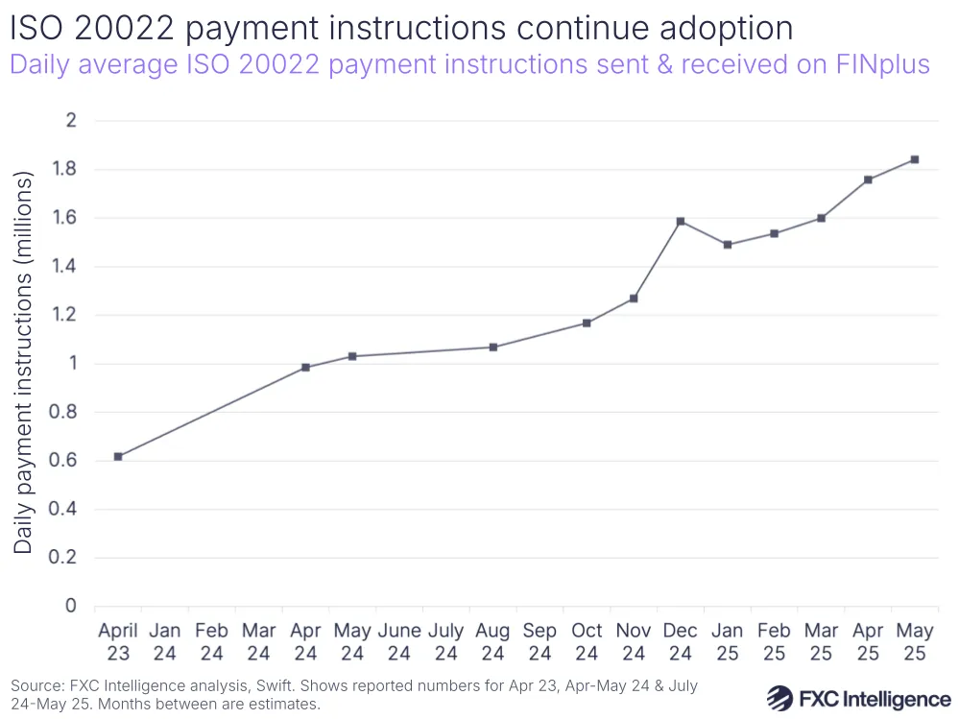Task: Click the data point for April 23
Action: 118,457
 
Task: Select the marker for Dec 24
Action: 681,222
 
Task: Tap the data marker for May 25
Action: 915,159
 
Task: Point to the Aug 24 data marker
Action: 493,348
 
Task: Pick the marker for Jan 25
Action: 728,245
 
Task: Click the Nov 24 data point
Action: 634,299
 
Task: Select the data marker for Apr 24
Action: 305,368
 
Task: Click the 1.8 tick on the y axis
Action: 69,170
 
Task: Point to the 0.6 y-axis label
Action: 69,461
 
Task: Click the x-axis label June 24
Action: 399,642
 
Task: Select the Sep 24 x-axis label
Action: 539,642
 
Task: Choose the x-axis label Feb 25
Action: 774,642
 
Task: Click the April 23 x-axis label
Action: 118,642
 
